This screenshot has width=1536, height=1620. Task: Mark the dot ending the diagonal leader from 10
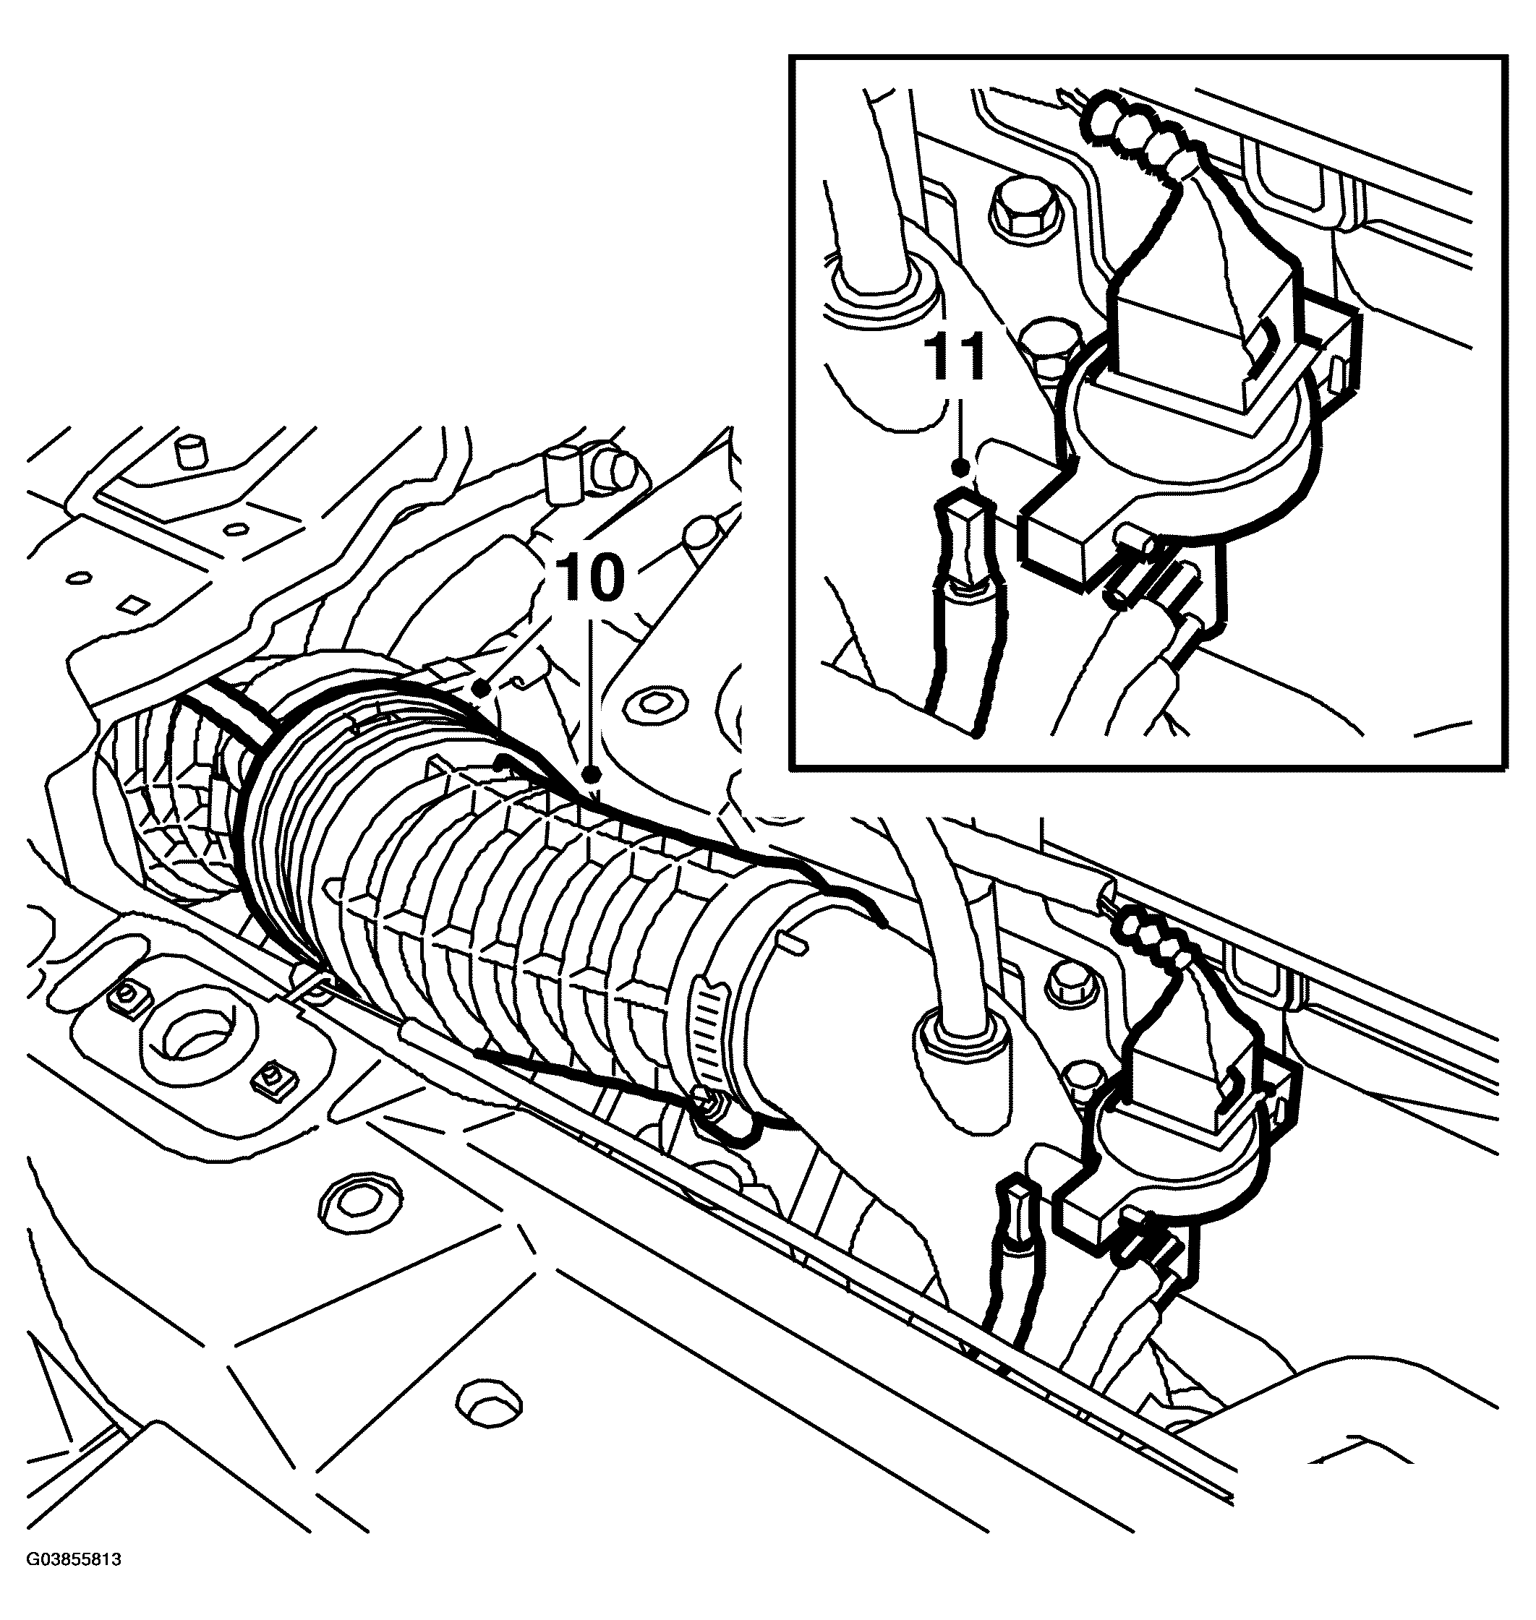485,690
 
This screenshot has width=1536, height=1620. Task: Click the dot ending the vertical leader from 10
592,773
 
